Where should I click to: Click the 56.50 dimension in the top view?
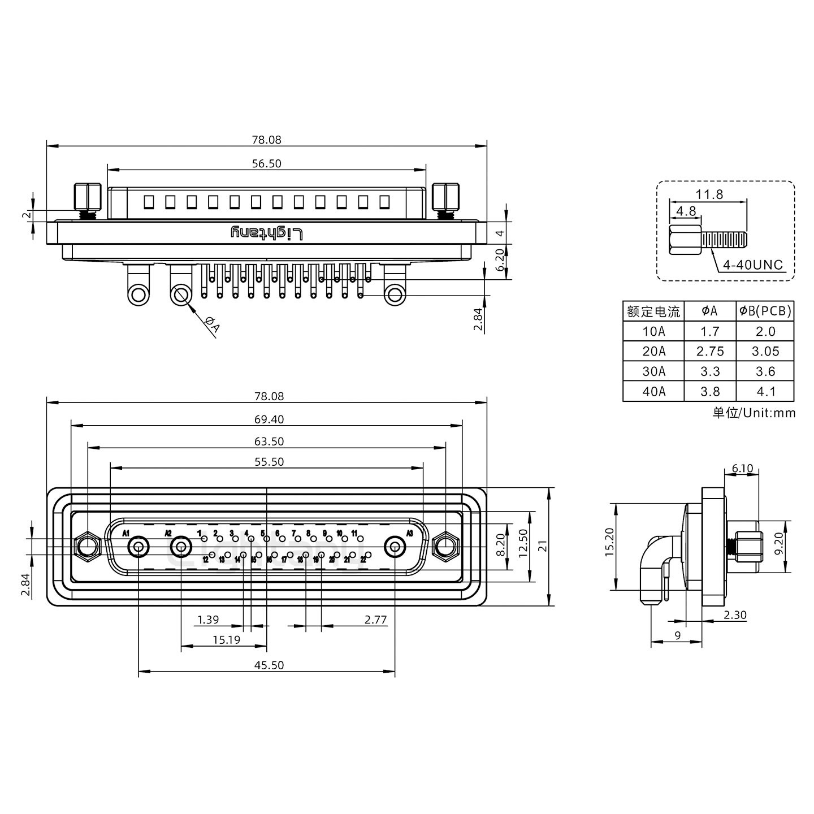(266, 163)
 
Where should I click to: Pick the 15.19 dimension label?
(227, 640)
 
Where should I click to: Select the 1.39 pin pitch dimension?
(208, 620)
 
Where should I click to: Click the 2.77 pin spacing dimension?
(375, 620)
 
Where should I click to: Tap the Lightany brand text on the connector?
(267, 233)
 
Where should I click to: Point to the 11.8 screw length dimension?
(709, 194)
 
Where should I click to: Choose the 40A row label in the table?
(653, 391)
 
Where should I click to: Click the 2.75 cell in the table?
(710, 351)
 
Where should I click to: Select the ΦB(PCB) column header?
(765, 311)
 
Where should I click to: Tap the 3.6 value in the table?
(765, 371)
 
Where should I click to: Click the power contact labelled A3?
(395, 547)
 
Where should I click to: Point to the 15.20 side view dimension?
(609, 543)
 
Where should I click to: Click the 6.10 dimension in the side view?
(742, 468)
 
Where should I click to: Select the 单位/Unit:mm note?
(754, 413)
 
